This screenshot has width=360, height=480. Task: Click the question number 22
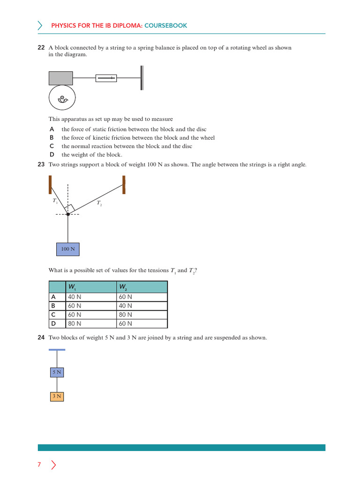41,48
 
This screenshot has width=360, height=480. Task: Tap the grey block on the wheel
60,78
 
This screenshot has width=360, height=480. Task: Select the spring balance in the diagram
106,78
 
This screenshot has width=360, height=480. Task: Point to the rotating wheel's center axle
62,98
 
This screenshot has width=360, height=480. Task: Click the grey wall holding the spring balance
142,78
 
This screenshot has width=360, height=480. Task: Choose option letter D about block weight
52,155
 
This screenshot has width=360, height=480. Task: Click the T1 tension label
55,201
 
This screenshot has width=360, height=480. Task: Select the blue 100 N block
68,249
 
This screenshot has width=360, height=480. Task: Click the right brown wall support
124,185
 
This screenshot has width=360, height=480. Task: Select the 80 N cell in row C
125,315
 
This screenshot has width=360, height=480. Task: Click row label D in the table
53,323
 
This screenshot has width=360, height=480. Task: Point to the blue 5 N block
57,372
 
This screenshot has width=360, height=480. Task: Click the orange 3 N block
57,397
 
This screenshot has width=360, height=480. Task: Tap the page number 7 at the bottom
39,465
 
